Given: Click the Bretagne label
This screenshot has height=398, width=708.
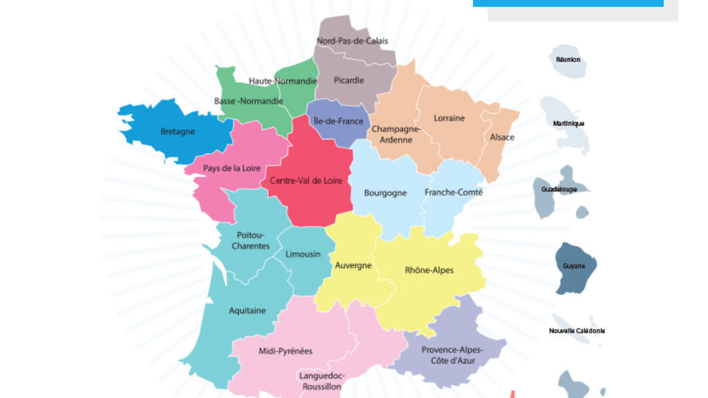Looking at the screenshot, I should click(178, 131).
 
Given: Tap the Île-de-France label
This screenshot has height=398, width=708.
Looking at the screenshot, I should click(338, 121).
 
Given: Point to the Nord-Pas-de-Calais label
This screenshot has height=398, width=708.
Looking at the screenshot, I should click(353, 41).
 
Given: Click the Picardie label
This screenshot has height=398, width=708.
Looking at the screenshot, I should click(348, 80).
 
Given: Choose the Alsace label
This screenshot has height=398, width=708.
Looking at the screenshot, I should click(502, 137).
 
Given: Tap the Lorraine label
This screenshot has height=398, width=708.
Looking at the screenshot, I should click(449, 117).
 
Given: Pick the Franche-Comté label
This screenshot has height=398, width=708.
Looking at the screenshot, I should click(454, 192).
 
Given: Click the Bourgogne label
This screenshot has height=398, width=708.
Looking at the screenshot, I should click(385, 193).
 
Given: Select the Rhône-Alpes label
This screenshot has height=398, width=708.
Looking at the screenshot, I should click(429, 269).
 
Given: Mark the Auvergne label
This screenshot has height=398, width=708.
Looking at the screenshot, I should click(353, 265).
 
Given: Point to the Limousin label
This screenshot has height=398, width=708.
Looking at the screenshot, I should click(303, 254).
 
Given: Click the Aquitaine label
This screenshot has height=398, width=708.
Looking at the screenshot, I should click(247, 310).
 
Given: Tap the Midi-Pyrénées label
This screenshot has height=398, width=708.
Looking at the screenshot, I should click(286, 351).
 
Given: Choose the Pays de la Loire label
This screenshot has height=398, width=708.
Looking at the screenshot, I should click(232, 168).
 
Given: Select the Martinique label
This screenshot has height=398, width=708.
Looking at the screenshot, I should click(569, 124).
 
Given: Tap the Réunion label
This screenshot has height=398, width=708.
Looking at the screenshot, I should click(568, 59).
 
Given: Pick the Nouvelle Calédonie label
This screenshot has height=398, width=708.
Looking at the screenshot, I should click(577, 330).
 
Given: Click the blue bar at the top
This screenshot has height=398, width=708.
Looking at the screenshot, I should click(568, 3).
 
